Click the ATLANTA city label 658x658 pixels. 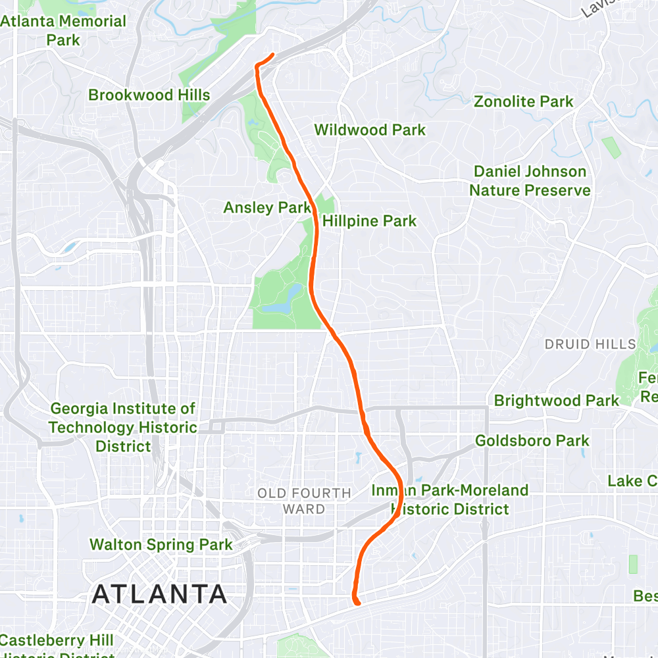(159, 594)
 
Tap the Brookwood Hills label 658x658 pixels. (149, 95)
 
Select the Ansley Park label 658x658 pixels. (266, 208)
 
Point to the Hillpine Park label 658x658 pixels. (370, 221)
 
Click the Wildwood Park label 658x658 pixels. (370, 130)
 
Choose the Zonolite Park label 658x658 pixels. (524, 101)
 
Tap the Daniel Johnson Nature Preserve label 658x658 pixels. (530, 181)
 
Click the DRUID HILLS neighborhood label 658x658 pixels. (590, 344)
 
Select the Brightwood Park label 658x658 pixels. (557, 400)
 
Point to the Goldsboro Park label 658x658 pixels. (532, 440)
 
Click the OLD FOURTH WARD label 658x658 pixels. (304, 501)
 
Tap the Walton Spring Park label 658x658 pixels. (161, 544)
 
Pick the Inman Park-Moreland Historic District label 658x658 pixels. (450, 499)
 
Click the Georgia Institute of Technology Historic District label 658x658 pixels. (123, 428)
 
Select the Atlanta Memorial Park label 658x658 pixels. (63, 30)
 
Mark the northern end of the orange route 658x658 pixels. (272, 54)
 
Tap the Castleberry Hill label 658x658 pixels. (57, 640)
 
